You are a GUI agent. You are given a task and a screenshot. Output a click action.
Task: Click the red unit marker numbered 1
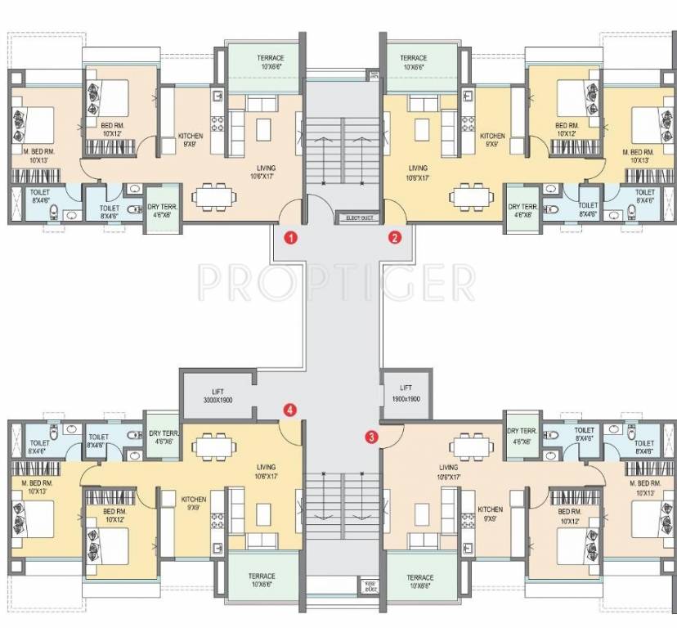click(x=289, y=238)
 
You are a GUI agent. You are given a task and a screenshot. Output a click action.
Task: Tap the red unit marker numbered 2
click(x=395, y=238)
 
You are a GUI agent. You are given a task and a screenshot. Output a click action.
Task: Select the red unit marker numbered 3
click(x=372, y=437)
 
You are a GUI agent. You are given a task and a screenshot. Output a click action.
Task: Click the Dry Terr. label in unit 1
click(x=159, y=212)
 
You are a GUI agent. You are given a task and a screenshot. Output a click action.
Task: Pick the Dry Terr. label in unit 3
click(x=522, y=436)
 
